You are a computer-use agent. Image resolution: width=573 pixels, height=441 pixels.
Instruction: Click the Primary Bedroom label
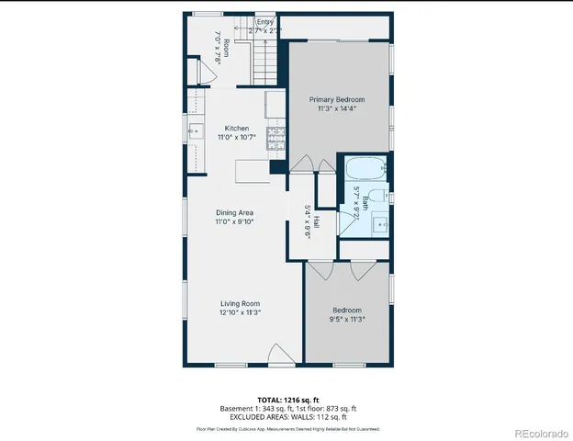coord(336,99)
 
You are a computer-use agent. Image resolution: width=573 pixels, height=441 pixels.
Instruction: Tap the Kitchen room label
coord(237,129)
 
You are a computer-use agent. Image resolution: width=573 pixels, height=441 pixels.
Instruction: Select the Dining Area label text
coord(234,213)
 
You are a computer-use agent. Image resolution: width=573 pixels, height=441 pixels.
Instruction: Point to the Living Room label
coord(240,304)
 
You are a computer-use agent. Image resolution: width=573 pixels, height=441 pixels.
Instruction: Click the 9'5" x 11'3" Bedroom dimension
coord(347,320)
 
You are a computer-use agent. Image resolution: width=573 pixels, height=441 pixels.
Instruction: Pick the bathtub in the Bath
coord(365,169)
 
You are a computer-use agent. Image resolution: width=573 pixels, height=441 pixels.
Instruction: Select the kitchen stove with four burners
coord(276,138)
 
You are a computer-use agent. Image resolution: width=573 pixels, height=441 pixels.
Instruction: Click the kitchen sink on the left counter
coord(195,131)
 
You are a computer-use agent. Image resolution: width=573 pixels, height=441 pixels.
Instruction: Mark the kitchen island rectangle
coord(253,171)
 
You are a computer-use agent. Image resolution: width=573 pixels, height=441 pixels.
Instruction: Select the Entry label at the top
coord(265,22)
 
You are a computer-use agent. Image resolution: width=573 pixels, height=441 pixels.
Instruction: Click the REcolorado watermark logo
coord(542,432)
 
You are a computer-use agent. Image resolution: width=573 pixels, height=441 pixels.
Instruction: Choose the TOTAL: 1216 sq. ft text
coord(287,400)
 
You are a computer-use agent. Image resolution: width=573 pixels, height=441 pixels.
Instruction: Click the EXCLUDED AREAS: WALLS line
coord(287,417)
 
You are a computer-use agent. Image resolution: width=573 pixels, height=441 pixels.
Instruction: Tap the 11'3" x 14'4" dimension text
coord(336,108)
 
